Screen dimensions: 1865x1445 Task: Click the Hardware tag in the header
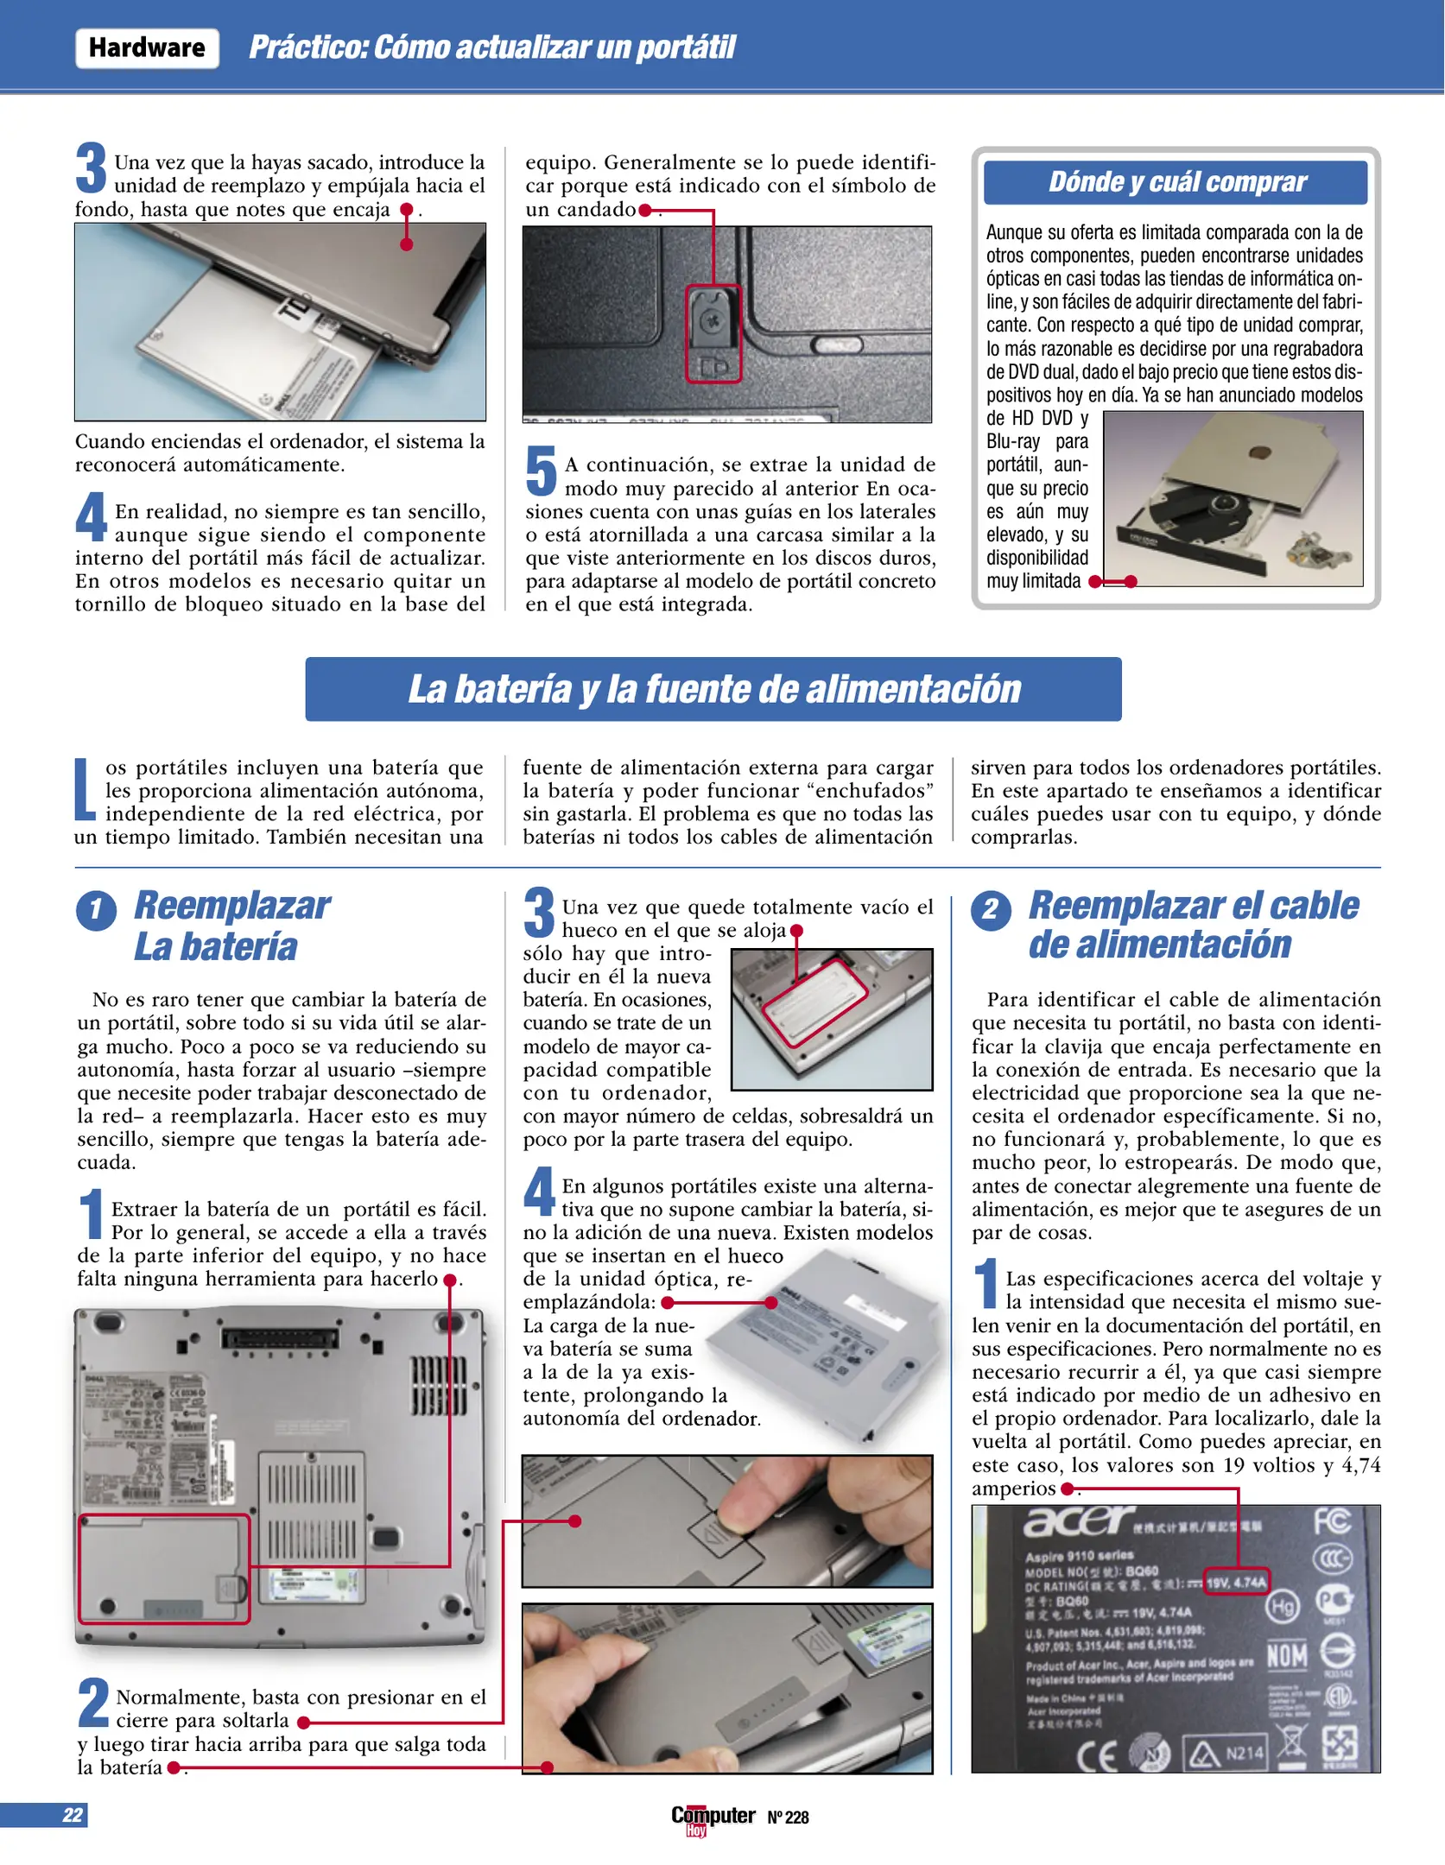click(147, 48)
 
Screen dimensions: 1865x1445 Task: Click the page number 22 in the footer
click(73, 1815)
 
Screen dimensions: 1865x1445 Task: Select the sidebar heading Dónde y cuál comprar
click(1176, 182)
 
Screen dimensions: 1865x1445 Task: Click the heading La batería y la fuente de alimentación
click(713, 689)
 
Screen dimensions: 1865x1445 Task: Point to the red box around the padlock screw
click(713, 334)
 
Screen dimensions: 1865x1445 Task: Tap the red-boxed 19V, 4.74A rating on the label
click(1236, 1582)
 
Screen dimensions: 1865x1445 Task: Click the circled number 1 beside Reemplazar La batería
click(97, 910)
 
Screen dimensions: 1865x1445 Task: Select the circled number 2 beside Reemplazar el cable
click(991, 910)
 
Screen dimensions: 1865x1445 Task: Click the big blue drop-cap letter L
click(84, 789)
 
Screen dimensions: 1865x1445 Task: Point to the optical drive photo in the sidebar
click(1233, 499)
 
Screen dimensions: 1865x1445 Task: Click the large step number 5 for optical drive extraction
click(542, 471)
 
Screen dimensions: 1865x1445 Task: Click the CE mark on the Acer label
click(1097, 1754)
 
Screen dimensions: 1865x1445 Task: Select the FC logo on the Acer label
click(1331, 1521)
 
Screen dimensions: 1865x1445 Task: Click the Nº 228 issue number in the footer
click(788, 1818)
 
